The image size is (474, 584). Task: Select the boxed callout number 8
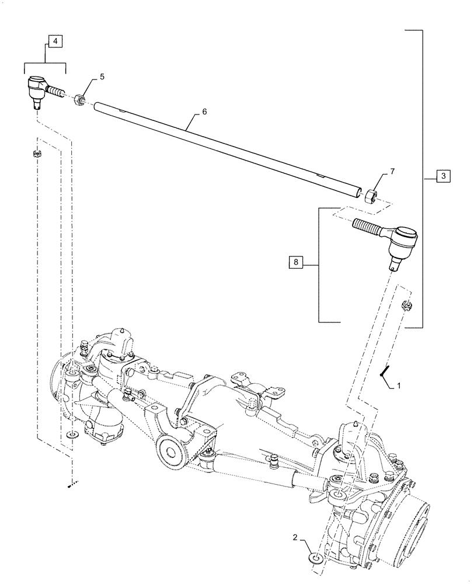tap(297, 263)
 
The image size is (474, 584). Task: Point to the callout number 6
tap(204, 111)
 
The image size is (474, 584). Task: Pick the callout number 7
tap(392, 171)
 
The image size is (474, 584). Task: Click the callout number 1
tap(399, 386)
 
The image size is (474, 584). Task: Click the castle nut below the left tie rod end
tap(37, 154)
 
